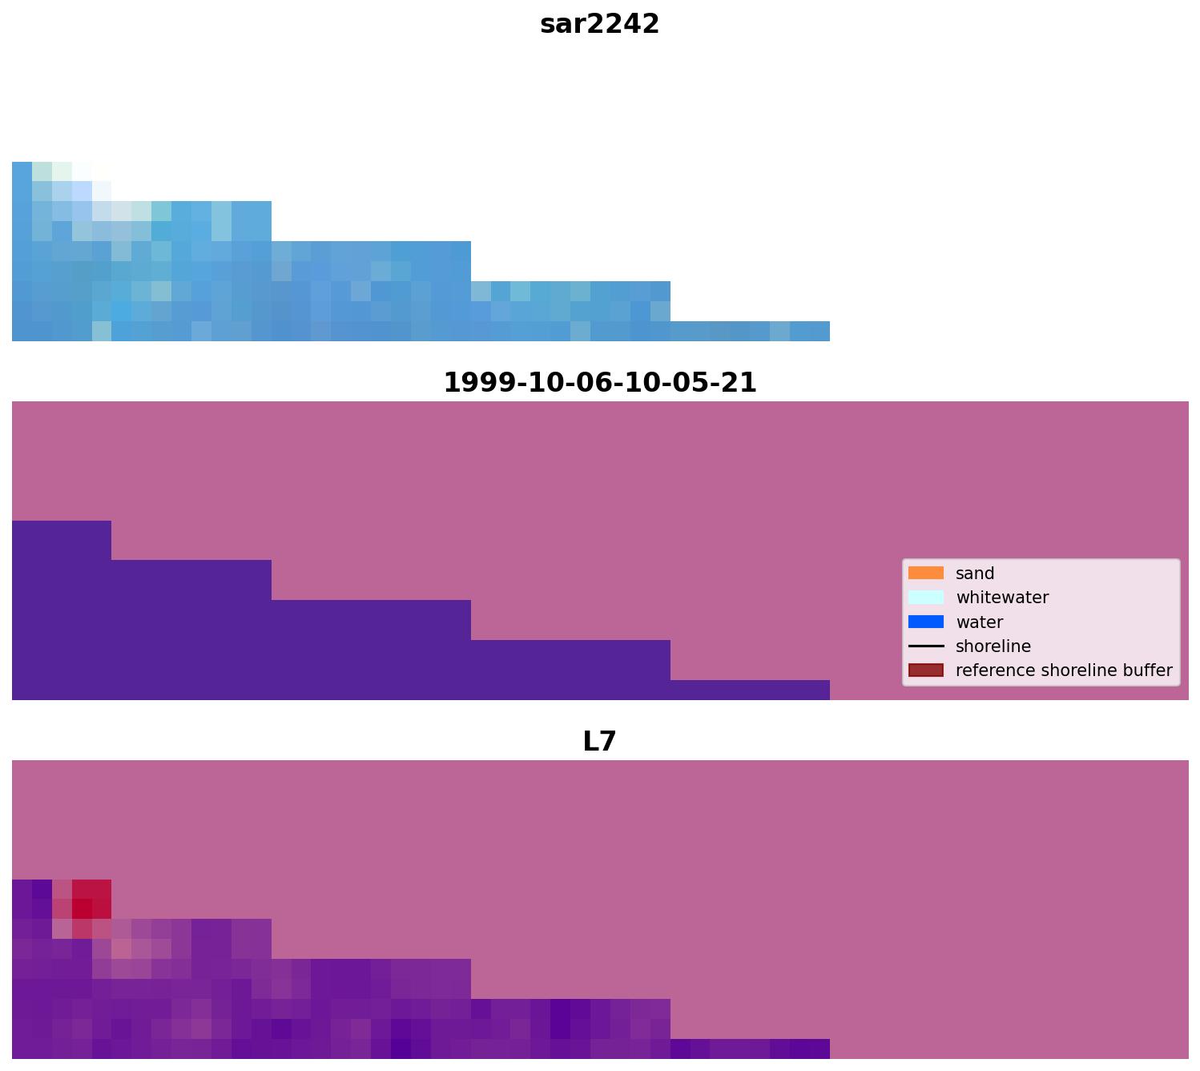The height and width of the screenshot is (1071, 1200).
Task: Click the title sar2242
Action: [x=599, y=24]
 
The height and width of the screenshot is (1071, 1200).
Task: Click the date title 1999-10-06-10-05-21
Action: [x=599, y=383]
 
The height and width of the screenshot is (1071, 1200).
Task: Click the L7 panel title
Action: [x=599, y=742]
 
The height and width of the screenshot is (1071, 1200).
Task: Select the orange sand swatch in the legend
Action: [x=925, y=574]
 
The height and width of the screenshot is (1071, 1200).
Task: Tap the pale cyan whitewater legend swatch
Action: [x=925, y=598]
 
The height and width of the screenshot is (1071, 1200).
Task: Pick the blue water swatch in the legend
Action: [x=925, y=622]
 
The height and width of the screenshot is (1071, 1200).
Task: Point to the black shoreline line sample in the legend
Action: [x=925, y=646]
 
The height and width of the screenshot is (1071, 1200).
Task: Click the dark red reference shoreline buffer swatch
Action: [x=925, y=670]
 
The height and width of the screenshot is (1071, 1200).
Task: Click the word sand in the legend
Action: [x=975, y=574]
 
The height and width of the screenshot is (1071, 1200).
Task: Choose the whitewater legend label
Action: [x=1002, y=598]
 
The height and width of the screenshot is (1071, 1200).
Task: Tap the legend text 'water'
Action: [x=979, y=622]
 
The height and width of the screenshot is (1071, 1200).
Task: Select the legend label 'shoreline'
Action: [x=993, y=646]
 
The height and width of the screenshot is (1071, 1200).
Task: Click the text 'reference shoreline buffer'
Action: [x=1064, y=670]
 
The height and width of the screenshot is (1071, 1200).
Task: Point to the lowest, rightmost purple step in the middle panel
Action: [x=749, y=690]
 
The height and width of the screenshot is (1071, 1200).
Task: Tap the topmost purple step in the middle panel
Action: [x=61, y=540]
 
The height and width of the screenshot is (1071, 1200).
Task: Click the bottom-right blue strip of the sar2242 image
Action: [x=749, y=331]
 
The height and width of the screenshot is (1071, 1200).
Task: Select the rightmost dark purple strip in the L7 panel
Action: [x=749, y=1049]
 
